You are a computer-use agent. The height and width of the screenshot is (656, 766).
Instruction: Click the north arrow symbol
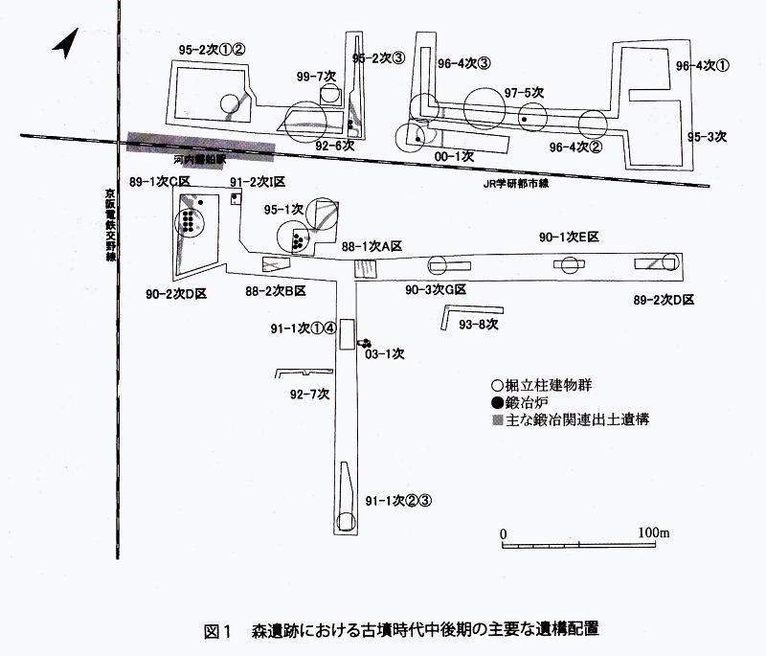pos(64,44)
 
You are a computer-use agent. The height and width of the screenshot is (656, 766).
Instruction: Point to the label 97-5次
pos(524,92)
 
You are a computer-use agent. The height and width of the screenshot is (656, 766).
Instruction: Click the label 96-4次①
pos(702,66)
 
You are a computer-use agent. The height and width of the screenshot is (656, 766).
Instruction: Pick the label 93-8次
pos(479,326)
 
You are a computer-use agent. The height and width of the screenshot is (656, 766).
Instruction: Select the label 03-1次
pos(387,353)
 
